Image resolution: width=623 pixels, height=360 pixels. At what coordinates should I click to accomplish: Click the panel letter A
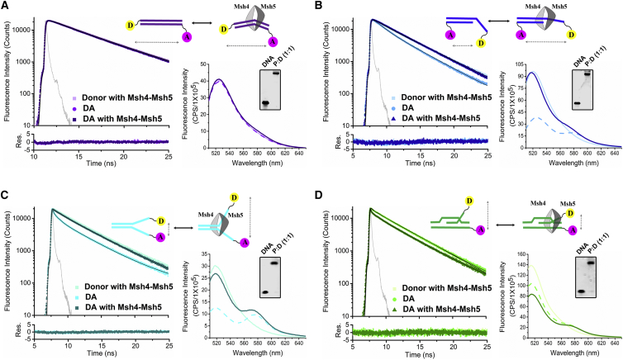(5, 6)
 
